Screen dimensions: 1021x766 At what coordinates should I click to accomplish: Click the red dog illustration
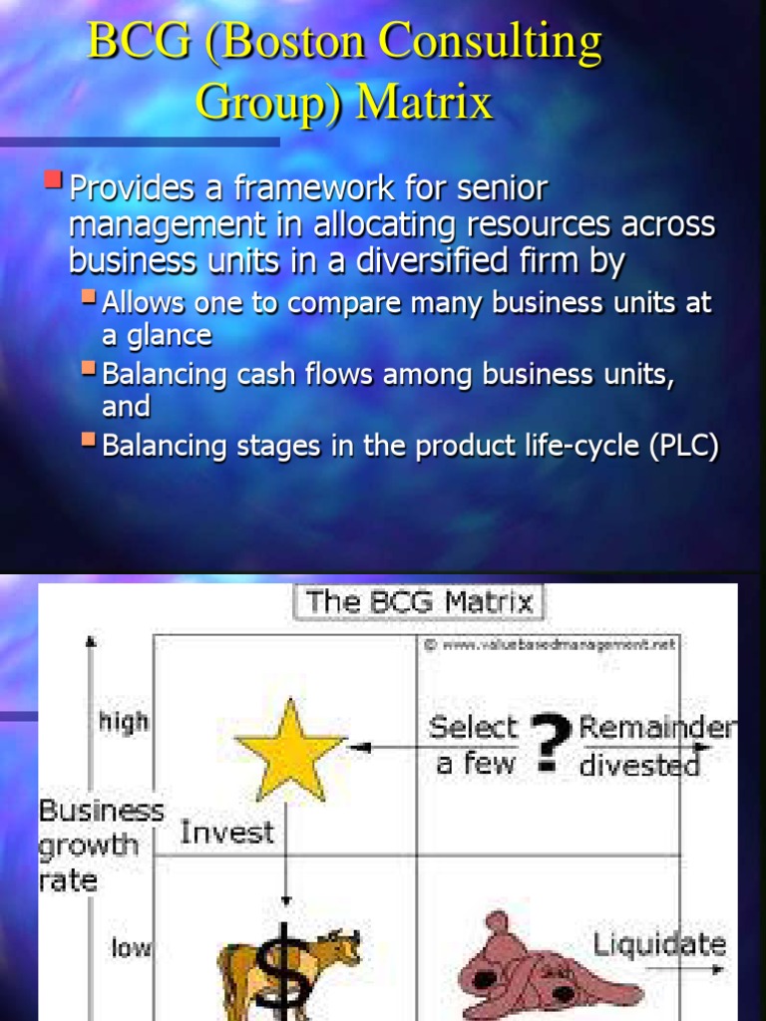[544, 965]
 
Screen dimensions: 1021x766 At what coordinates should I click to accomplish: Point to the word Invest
[226, 833]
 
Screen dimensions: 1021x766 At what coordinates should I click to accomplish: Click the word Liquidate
[659, 943]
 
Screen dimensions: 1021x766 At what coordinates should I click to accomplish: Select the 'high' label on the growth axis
[124, 721]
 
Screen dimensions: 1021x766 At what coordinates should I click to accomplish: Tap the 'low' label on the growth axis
[131, 948]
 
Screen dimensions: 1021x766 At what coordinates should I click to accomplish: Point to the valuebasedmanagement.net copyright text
[550, 644]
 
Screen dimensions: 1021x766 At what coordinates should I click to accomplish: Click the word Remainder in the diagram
[658, 728]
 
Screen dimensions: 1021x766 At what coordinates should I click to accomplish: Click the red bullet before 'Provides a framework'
[54, 180]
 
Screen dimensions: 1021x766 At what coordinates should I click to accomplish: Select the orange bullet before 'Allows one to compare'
[89, 296]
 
